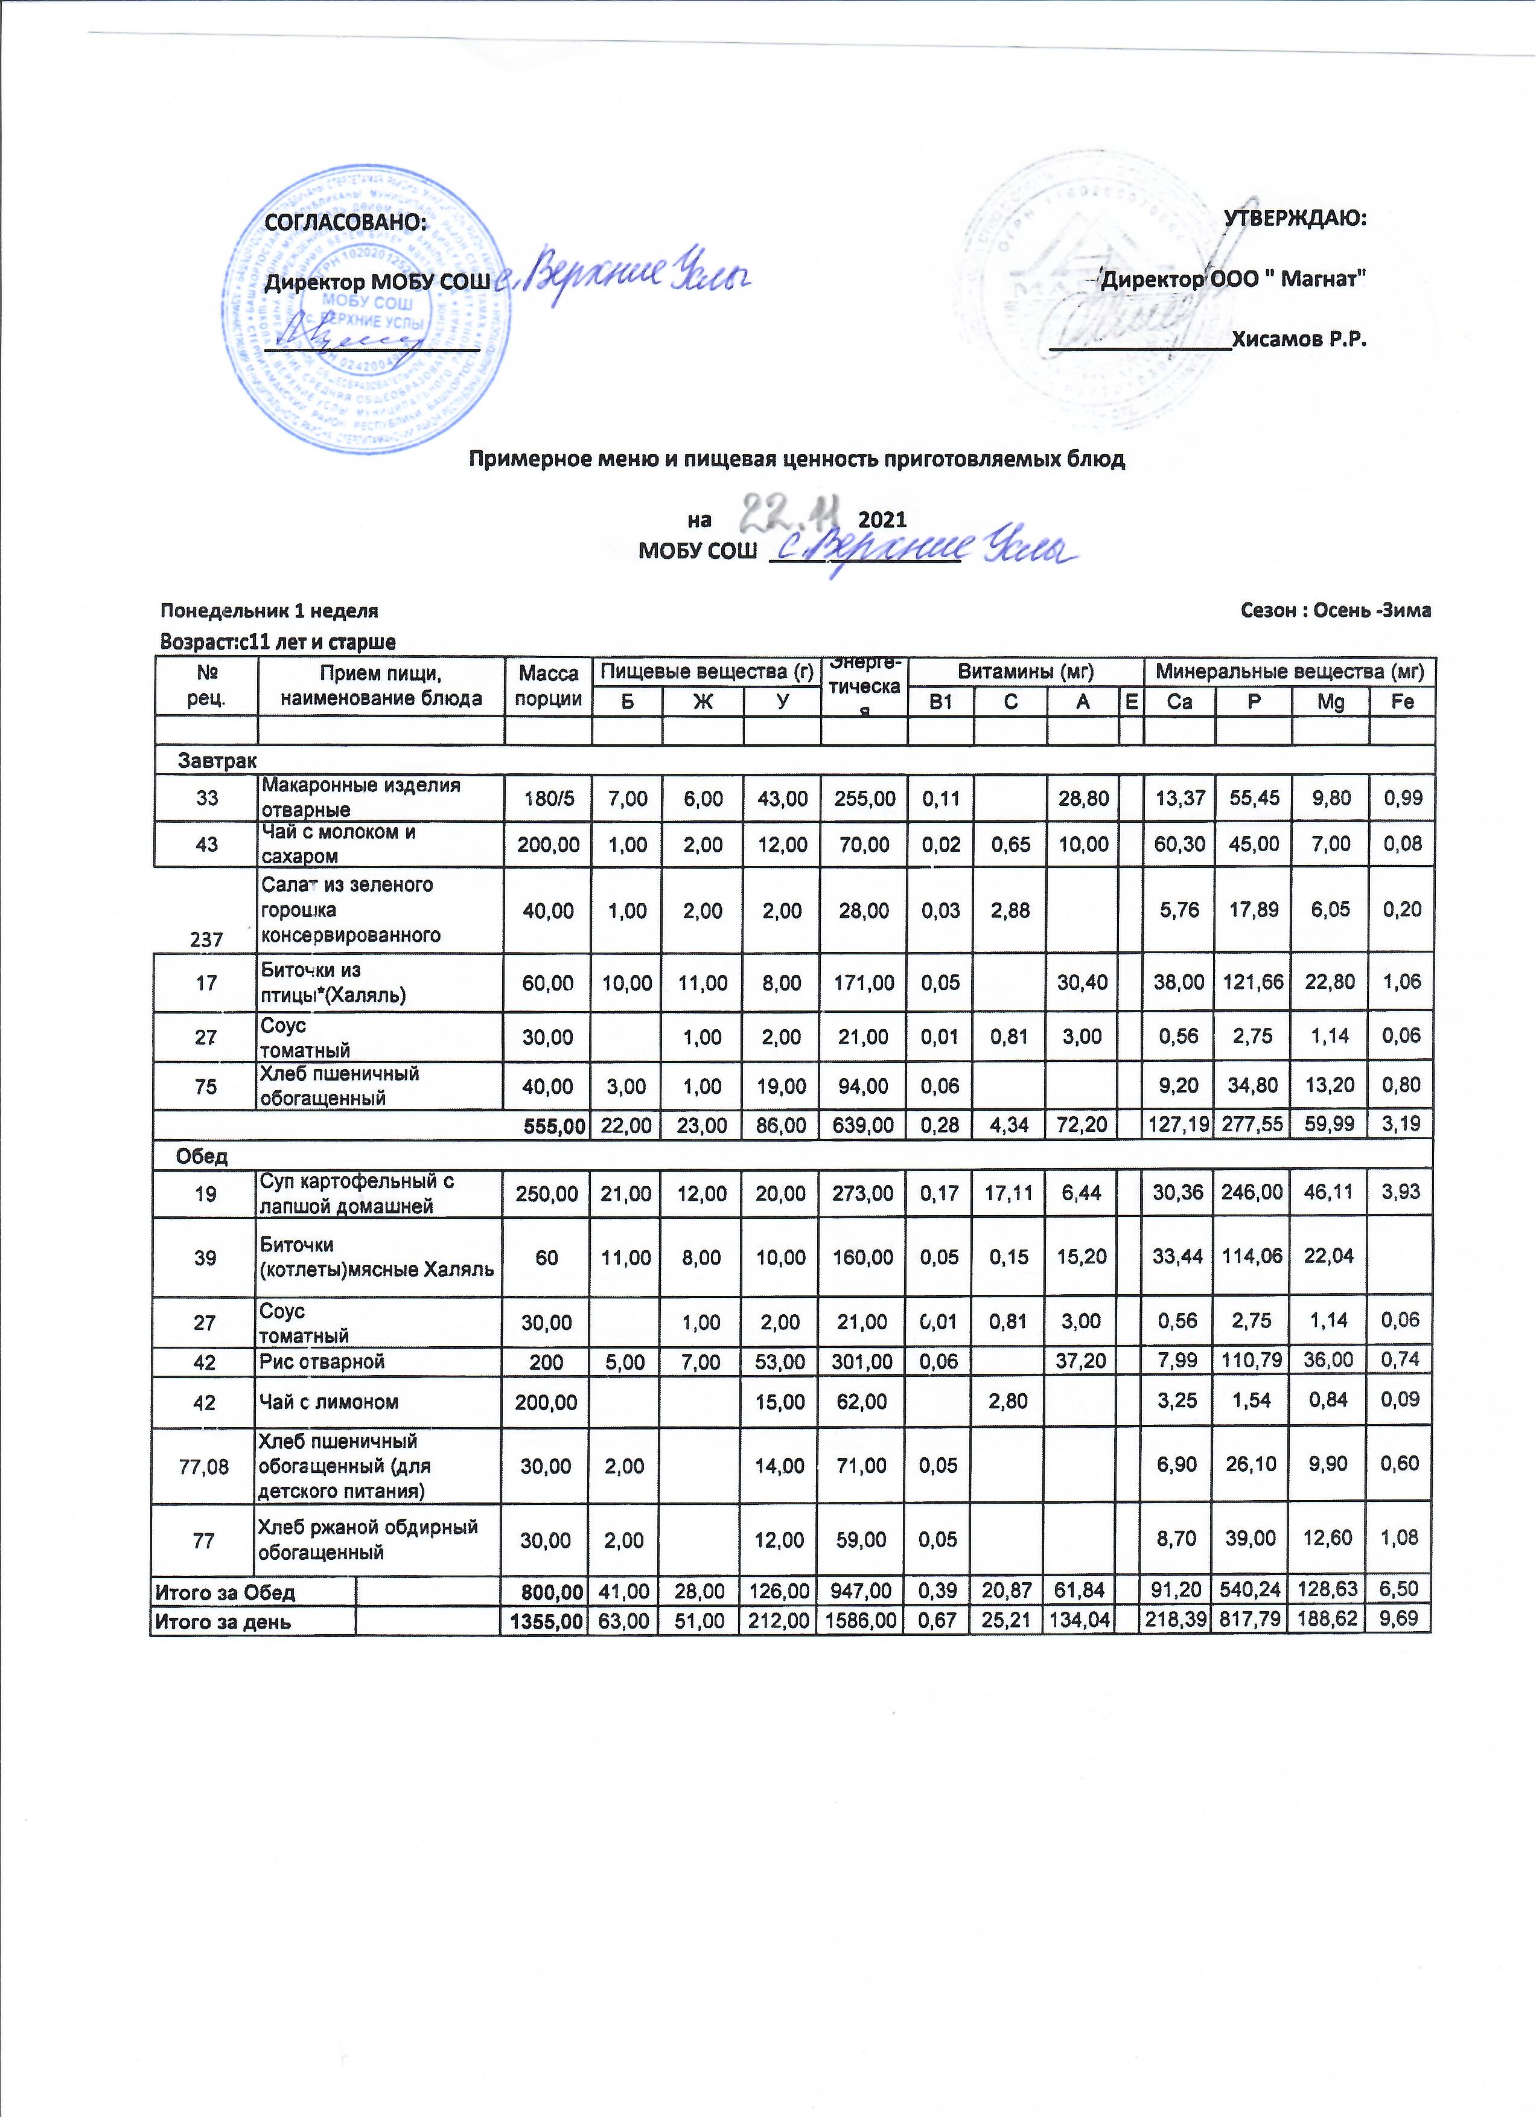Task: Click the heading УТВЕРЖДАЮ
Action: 1295,219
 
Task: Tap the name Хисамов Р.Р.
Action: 1299,338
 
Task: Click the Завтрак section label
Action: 217,761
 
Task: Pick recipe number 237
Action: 206,939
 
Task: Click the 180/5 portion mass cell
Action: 549,798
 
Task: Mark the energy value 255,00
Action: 864,798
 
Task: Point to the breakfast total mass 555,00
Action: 549,1124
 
